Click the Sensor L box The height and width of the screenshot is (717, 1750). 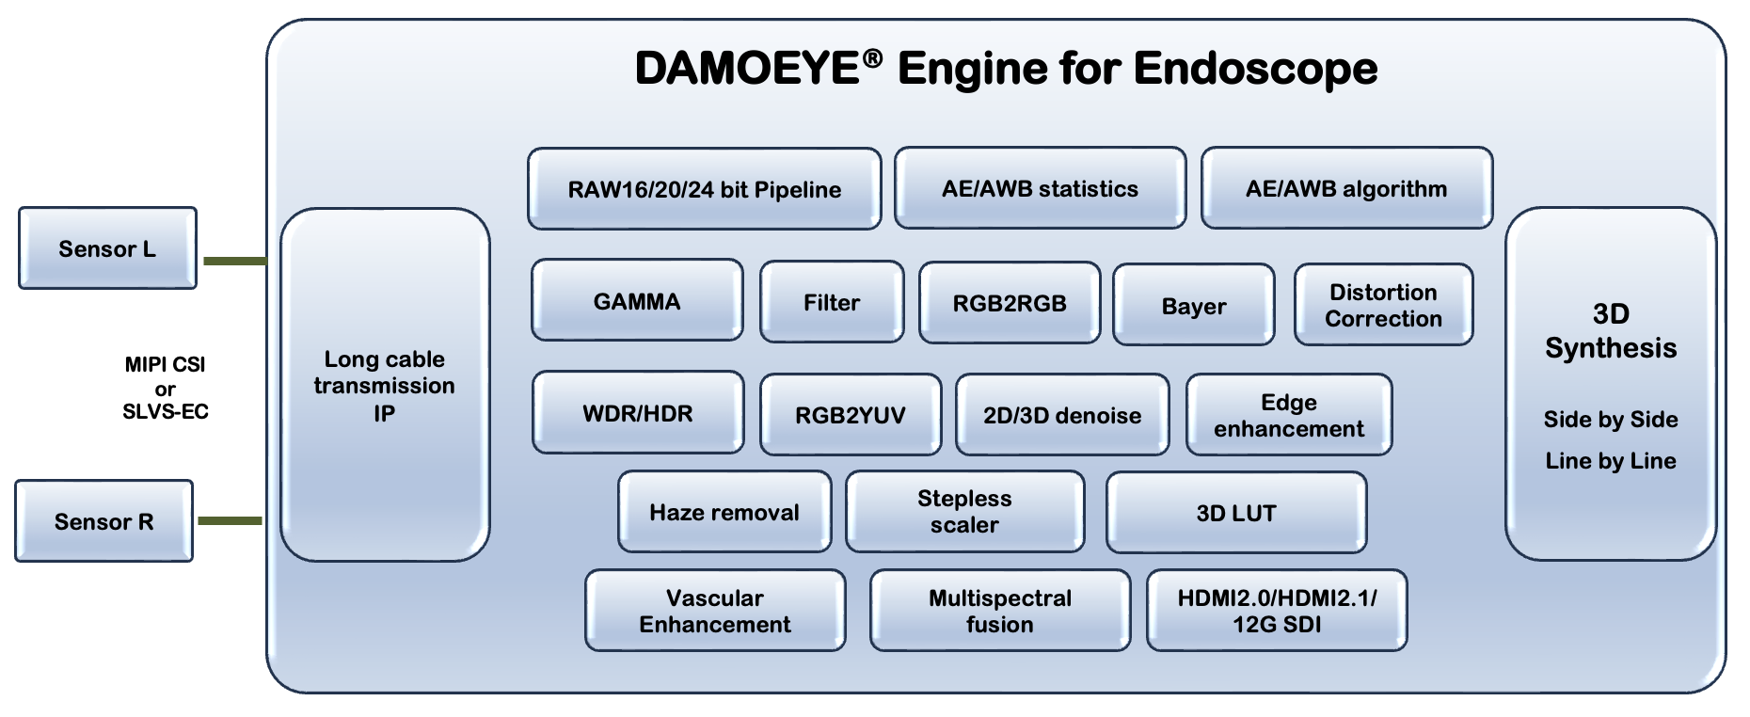[108, 248]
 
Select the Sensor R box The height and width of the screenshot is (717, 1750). [104, 521]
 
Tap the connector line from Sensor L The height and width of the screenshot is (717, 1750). [235, 261]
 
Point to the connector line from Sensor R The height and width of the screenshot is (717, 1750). [230, 520]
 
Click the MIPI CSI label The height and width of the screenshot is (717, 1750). [165, 364]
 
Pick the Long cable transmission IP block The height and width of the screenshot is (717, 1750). [385, 385]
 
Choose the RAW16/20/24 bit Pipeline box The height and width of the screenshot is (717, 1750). [705, 189]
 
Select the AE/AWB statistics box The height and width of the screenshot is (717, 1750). [1040, 188]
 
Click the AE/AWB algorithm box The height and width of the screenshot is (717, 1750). [1346, 188]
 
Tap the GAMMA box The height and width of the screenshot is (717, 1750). [637, 301]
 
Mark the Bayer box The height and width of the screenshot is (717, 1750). [1194, 306]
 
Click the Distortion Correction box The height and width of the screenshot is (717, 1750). [1384, 305]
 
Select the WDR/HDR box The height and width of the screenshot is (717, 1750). [638, 413]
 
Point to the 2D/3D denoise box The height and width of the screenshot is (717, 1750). [1062, 415]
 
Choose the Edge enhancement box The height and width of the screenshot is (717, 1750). [1289, 415]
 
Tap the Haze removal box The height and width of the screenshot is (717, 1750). [724, 512]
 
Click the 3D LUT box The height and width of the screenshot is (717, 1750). [1236, 513]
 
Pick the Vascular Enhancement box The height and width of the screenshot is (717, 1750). [715, 611]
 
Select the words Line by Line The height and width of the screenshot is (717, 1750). [1611, 461]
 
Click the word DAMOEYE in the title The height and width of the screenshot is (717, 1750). [748, 69]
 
